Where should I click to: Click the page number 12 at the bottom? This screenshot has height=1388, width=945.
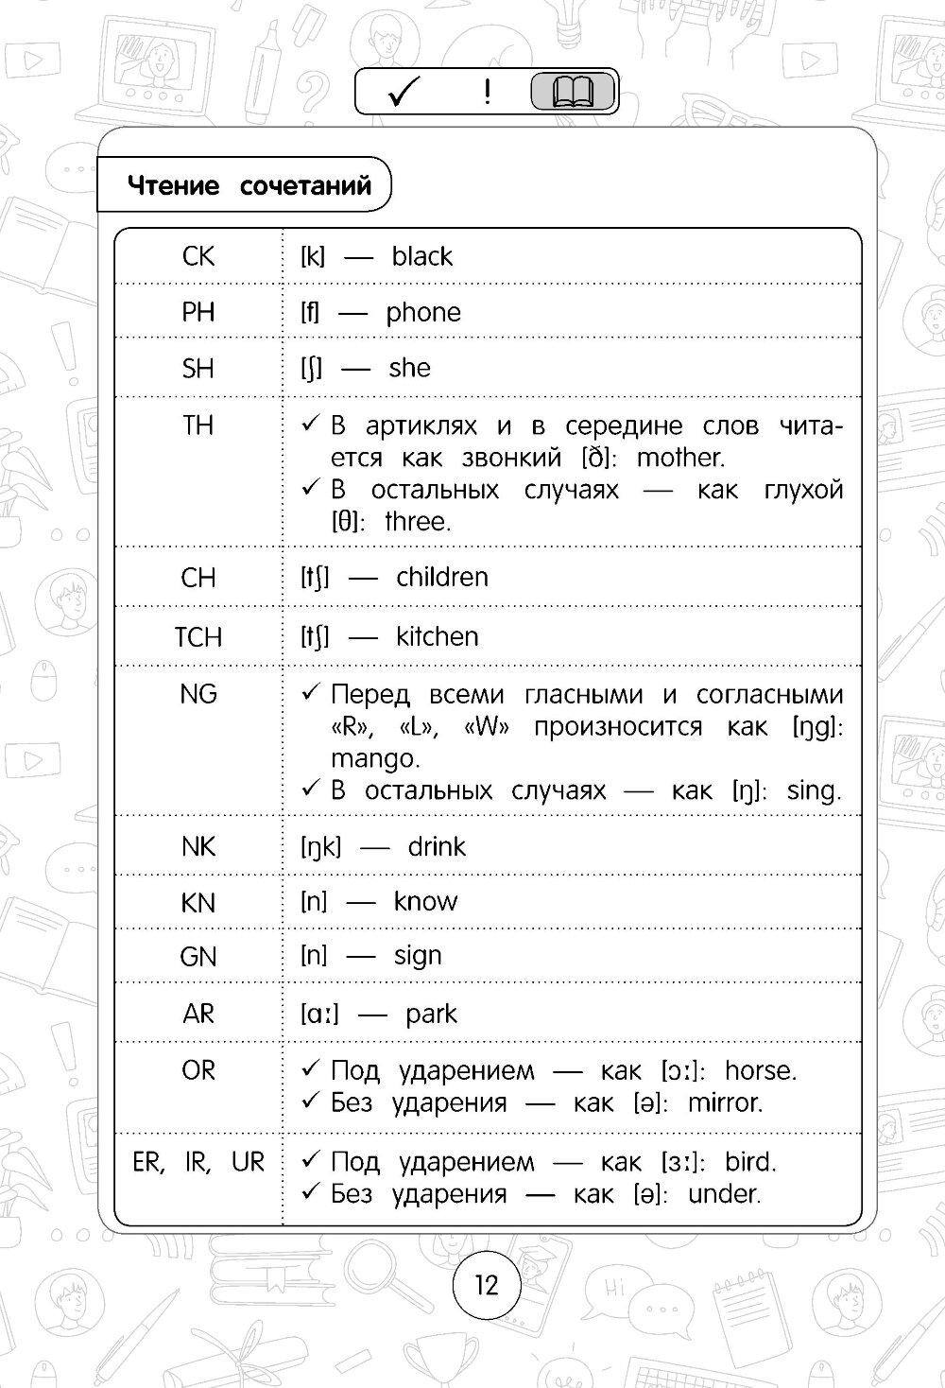coord(486,1285)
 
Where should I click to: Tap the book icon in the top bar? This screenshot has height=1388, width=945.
coord(574,93)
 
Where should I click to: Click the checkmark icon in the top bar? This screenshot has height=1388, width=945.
coord(404,93)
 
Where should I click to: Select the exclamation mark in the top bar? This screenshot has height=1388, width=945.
coord(487,92)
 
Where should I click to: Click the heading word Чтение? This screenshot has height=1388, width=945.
coord(173,185)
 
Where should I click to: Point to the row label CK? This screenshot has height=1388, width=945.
coord(198,256)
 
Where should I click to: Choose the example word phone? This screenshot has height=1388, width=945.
coord(423,312)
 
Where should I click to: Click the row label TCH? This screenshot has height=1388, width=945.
coord(198,637)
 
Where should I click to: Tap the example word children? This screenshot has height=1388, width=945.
coord(442,577)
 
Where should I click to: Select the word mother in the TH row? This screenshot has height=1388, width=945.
coord(679,459)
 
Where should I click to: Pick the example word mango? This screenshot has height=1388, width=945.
coord(373,758)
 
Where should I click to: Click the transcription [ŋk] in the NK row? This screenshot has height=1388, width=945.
coord(319,846)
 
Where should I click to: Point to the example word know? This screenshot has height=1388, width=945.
coord(425,901)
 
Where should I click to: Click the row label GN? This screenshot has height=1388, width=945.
coord(198,957)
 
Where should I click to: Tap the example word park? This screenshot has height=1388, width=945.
coord(431,1014)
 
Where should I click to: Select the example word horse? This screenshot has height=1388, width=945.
coord(760,1070)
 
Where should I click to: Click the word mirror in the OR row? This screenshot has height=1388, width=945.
coord(724,1102)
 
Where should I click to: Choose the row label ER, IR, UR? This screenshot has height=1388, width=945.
coord(198,1162)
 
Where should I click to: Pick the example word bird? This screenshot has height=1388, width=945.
coord(749,1162)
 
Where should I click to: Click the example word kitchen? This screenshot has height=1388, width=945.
coord(438,637)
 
